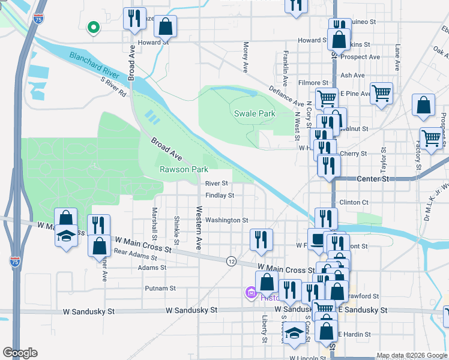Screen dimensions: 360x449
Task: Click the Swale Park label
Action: coord(253,113)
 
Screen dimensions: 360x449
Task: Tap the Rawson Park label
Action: coord(184,169)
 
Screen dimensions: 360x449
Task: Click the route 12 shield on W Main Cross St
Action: coord(231,260)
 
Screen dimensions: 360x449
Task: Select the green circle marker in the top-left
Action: coord(92,27)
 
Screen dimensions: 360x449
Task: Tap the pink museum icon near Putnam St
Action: coord(250,293)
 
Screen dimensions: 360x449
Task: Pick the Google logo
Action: coord(20,353)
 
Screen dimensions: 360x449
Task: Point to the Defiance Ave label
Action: coord(286,95)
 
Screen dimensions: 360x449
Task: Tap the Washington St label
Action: coord(226,220)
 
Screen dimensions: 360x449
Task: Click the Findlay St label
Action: coord(219,196)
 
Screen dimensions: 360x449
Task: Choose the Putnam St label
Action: coord(160,288)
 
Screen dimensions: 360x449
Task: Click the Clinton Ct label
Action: coord(354,202)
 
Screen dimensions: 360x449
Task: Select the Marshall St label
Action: coord(154,221)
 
